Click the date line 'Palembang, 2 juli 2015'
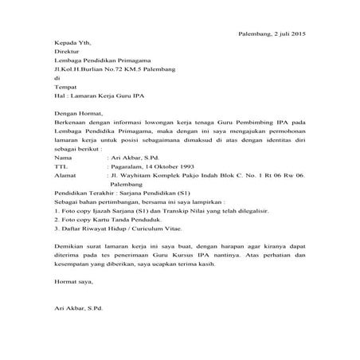(272, 34)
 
